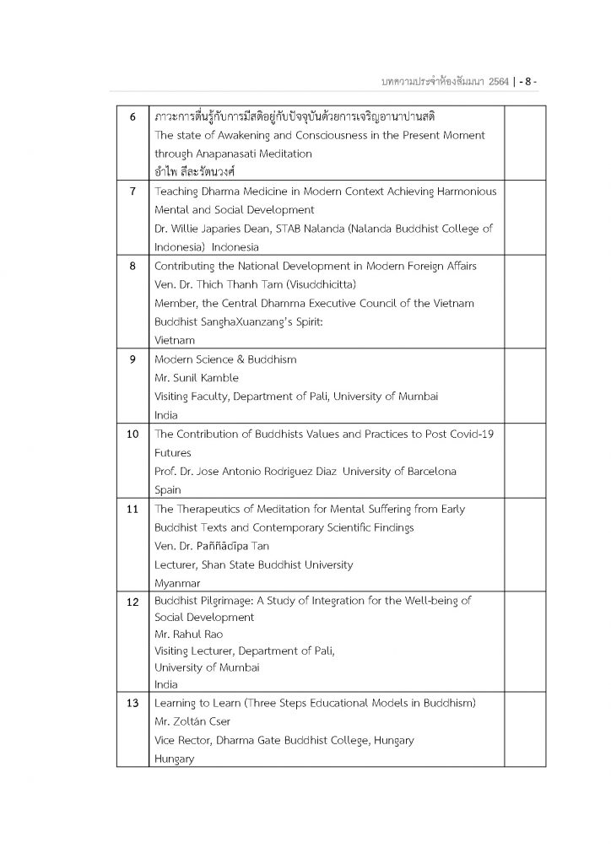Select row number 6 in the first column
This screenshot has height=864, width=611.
pos(133,116)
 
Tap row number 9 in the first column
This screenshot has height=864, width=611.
pos(133,359)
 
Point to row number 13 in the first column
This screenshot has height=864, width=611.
pos(133,703)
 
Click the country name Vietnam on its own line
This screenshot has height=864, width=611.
pos(175,340)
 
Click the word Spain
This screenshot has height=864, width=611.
pos(168,490)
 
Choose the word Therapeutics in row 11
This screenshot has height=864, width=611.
pos(208,509)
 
